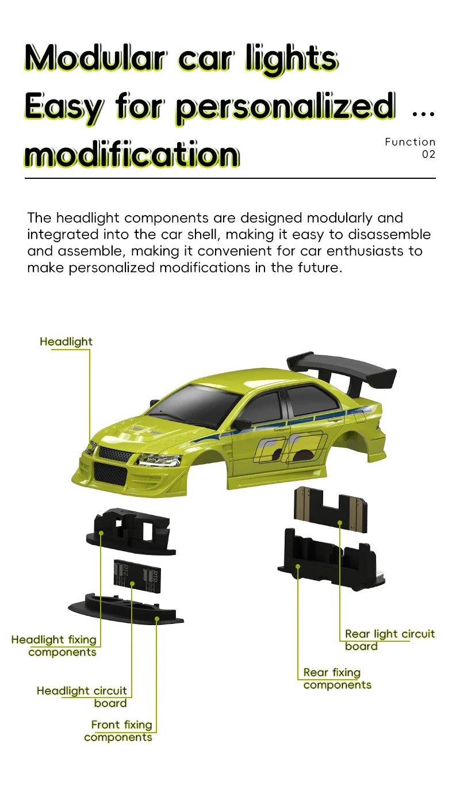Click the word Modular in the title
95,58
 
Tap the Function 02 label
411,148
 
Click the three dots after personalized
423,114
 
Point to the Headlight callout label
66,342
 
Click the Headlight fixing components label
54,646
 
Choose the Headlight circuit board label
82,697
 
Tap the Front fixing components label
118,731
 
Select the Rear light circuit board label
390,640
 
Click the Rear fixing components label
338,679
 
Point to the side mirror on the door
241,424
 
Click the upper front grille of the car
115,454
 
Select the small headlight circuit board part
137,576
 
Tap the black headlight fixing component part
131,531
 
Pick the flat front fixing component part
126,608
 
